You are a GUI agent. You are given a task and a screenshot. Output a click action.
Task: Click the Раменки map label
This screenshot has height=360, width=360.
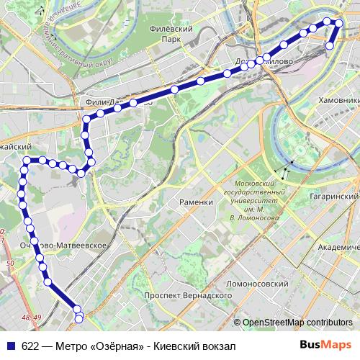point(197,202)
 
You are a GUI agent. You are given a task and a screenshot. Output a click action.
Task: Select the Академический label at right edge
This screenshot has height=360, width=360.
point(338,246)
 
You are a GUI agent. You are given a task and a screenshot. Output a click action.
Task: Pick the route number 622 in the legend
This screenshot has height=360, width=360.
point(30,345)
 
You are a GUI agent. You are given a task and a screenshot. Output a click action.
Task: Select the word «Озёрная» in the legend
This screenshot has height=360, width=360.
point(115,345)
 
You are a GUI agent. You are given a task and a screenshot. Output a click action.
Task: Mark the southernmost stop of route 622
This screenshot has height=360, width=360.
point(79,318)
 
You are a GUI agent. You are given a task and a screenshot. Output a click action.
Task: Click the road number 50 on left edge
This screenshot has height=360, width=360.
point(10,264)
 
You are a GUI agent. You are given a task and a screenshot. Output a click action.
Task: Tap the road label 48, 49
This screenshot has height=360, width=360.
point(31,317)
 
